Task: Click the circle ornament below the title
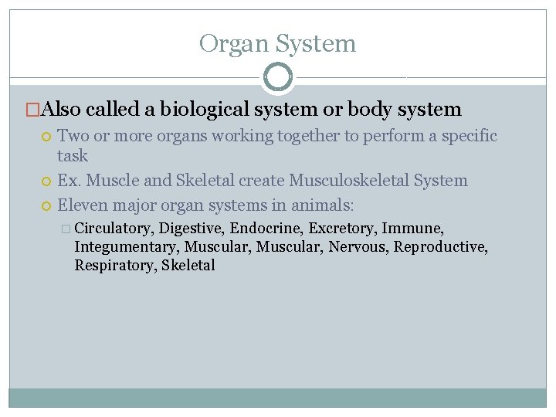coord(278,77)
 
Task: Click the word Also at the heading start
coord(62,110)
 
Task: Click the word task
coord(73,155)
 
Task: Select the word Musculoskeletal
coord(349,181)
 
